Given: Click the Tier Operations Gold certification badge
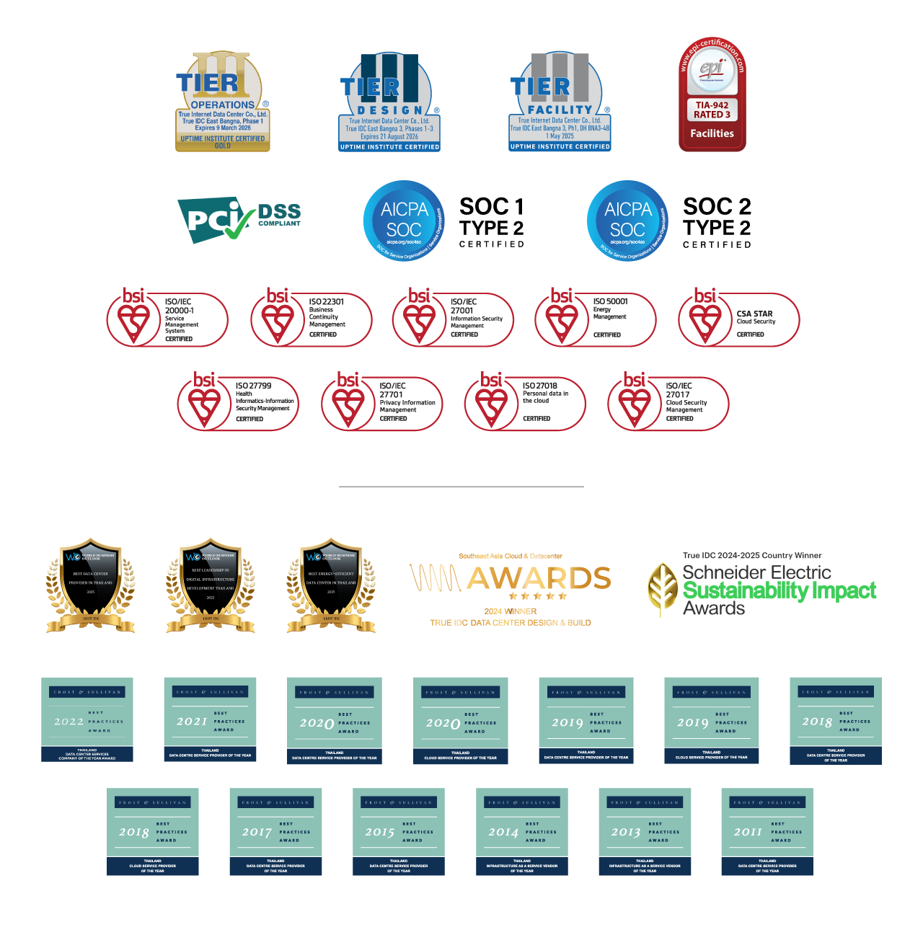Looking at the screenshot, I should click(x=223, y=102).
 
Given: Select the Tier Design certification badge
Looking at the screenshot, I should click(x=389, y=102).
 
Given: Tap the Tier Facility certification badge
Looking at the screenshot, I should click(x=560, y=102).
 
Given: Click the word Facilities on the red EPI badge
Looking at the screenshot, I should click(x=712, y=133).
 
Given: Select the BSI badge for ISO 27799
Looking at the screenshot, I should click(x=237, y=402).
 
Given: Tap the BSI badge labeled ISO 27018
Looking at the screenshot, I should click(x=524, y=402).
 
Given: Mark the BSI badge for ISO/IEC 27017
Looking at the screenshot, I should click(x=668, y=402).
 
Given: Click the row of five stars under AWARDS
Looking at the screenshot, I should click(x=538, y=596).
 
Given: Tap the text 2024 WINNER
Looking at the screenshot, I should click(x=511, y=611).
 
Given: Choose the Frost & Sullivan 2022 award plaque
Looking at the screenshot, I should click(x=87, y=719).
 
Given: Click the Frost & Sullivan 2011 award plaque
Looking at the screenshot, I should click(x=767, y=832).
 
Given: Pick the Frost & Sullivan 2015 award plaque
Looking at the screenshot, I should click(x=399, y=832).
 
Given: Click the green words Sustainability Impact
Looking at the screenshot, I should click(x=780, y=591).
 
